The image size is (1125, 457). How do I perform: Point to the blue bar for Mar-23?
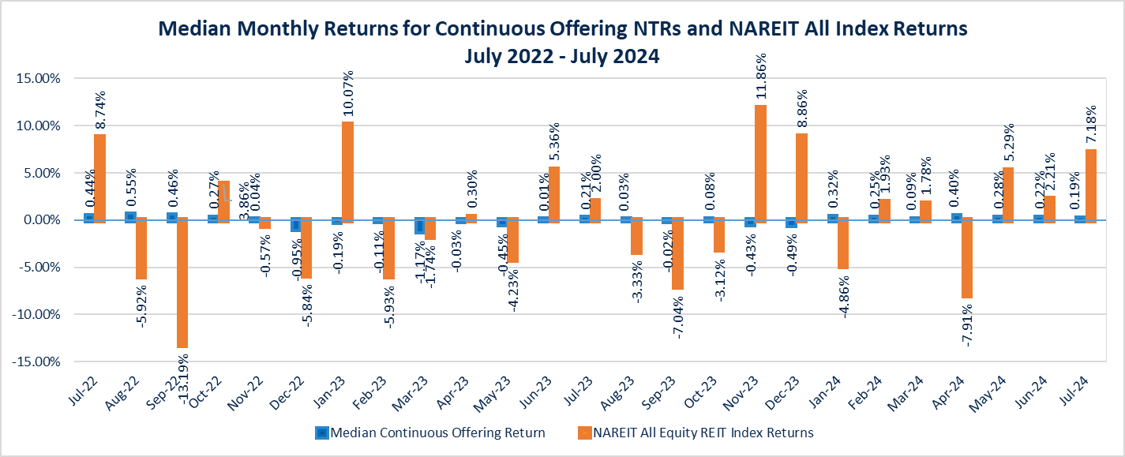(419, 225)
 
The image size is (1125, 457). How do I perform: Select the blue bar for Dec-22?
(295, 224)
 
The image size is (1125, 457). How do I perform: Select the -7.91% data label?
(967, 324)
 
